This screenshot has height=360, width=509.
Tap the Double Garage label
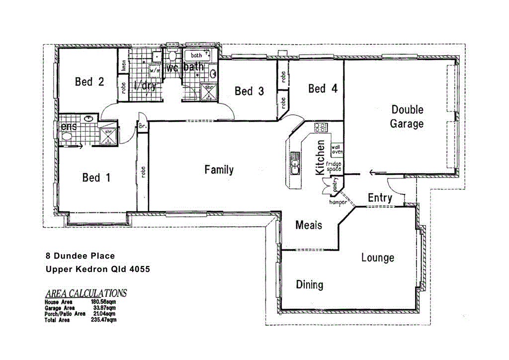tap(407, 116)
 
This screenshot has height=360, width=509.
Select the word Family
tap(219, 170)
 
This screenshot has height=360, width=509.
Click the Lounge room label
tap(377, 258)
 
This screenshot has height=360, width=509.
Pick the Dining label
tap(309, 284)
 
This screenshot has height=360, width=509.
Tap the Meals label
tap(309, 225)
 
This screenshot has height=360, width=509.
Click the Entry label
tap(380, 198)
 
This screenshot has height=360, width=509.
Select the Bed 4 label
tap(323, 89)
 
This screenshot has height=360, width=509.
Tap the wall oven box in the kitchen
tap(337, 149)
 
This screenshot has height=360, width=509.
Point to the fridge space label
tap(334, 166)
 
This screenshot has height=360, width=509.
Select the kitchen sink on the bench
tap(295, 164)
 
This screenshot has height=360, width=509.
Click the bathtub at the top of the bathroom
tap(197, 55)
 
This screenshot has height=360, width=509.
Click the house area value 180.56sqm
tap(103, 302)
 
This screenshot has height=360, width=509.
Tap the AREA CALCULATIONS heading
tap(85, 293)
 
